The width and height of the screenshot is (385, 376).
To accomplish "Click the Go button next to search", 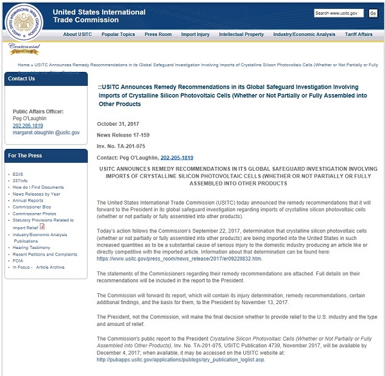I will pyautogui.click(x=373, y=13).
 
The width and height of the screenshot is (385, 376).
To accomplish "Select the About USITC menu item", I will pyautogui.click(x=78, y=35).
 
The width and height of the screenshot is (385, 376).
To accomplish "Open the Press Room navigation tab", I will pyautogui.click(x=157, y=35).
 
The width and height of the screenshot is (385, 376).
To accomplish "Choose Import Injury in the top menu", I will pyautogui.click(x=195, y=35).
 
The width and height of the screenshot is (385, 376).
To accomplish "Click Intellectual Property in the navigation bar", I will pyautogui.click(x=241, y=35).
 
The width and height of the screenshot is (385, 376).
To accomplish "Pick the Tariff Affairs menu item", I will pyautogui.click(x=359, y=35).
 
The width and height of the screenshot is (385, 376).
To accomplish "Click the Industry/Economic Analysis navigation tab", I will pyautogui.click(x=304, y=35).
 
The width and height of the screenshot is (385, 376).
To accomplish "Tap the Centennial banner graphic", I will pyautogui.click(x=24, y=49).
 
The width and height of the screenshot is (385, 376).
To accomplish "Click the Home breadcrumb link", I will pyautogui.click(x=23, y=65).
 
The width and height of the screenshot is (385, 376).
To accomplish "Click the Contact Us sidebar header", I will pyautogui.click(x=22, y=78).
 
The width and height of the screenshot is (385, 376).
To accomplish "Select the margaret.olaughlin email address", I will pyautogui.click(x=46, y=132).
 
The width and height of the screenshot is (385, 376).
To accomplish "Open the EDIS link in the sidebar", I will pyautogui.click(x=19, y=174).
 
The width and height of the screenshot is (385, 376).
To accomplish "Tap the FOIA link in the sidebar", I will pyautogui.click(x=19, y=261).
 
